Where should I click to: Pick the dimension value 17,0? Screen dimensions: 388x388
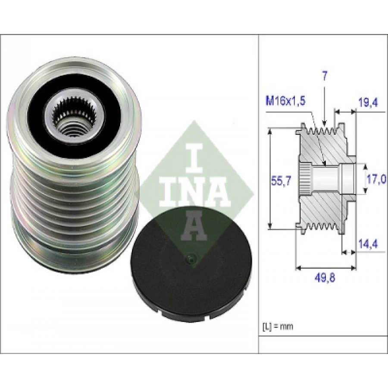point(375,179)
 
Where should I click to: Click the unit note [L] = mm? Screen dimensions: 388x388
point(277,326)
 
